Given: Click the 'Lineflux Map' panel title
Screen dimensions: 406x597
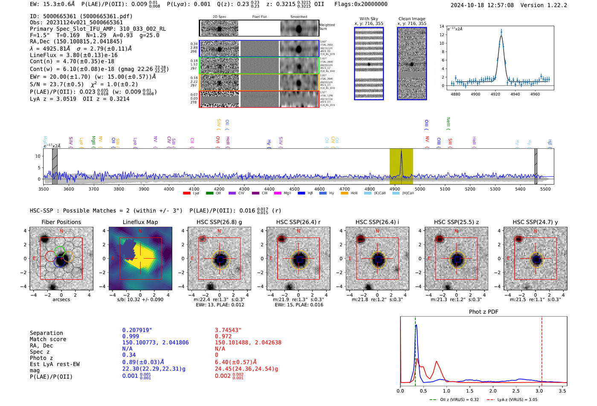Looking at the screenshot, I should tap(140, 222).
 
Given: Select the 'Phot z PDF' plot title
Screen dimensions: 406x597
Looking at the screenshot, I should tap(483, 312).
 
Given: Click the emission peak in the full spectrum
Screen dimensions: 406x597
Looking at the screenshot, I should tap(401, 153).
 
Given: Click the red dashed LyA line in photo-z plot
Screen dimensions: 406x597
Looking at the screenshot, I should tap(542, 349).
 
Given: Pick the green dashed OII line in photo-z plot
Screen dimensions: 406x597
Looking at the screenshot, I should tap(415, 349).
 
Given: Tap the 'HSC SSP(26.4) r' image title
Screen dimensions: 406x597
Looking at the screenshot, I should tap(298, 222).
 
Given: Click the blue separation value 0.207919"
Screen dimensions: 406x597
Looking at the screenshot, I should tap(137, 330).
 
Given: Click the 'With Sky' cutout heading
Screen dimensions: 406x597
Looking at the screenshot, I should tap(368, 19).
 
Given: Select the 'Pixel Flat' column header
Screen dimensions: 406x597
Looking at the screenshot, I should tap(259, 17).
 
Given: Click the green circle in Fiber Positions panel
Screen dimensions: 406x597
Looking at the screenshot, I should tap(60, 251).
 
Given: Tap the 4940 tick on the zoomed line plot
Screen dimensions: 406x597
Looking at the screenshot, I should tap(515, 94).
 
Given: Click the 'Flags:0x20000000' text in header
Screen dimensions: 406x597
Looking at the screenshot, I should tap(361, 4).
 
